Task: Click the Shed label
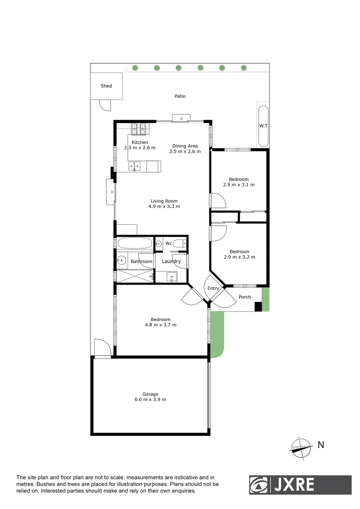pyautogui.click(x=106, y=86)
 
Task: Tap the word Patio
pyautogui.click(x=180, y=96)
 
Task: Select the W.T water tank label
pyautogui.click(x=262, y=126)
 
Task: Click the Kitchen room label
pyautogui.click(x=139, y=142)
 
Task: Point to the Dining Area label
pyautogui.click(x=185, y=146)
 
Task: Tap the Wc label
pyautogui.click(x=168, y=244)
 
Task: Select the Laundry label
pyautogui.click(x=171, y=262)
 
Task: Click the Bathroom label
pyautogui.click(x=141, y=262)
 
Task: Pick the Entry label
pyautogui.click(x=213, y=288)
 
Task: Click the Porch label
pyautogui.click(x=245, y=297)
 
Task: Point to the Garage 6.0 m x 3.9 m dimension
pyautogui.click(x=151, y=400)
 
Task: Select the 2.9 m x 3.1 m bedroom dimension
pyautogui.click(x=239, y=185)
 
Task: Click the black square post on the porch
pyautogui.click(x=258, y=307)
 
